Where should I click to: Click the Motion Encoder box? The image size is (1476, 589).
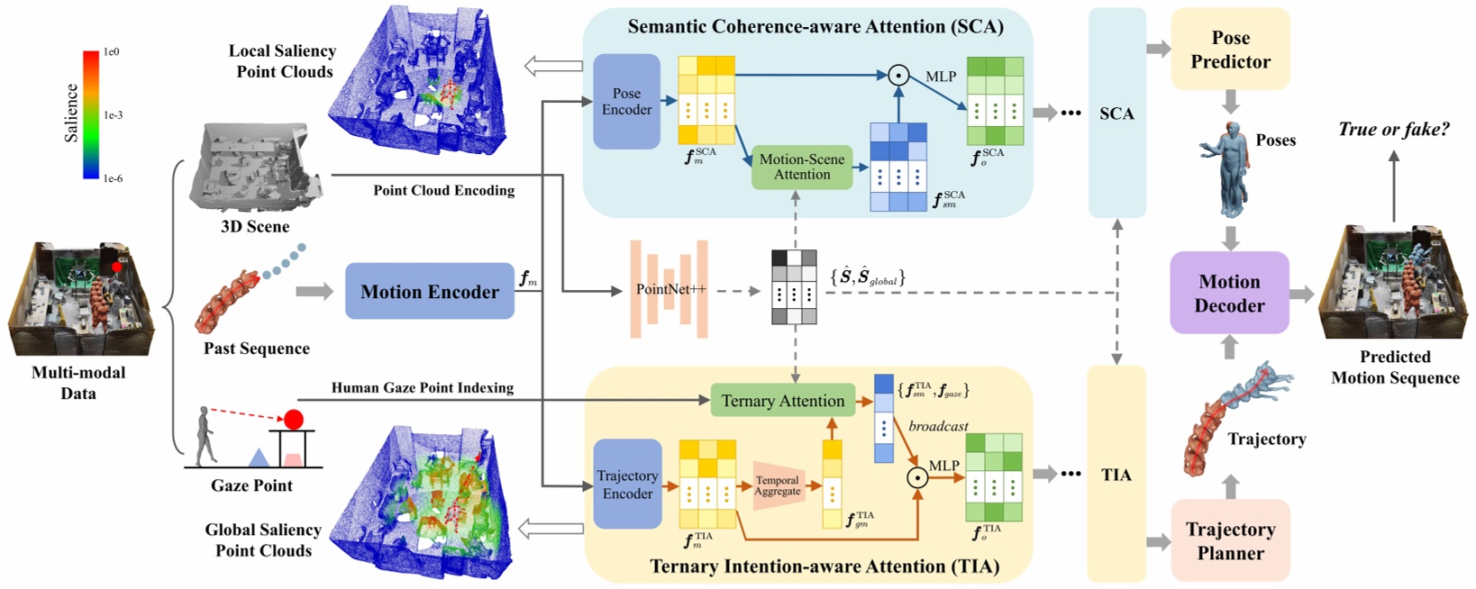[429, 291]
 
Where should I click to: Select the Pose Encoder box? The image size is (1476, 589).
[626, 102]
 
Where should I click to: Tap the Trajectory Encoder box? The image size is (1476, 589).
[627, 485]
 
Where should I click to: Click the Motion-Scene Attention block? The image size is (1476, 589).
[802, 167]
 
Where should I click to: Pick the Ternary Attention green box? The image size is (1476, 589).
[782, 401]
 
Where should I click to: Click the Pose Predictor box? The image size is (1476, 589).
[1230, 50]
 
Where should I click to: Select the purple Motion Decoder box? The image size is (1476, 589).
[1229, 293]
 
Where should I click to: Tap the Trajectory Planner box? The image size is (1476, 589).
[1230, 540]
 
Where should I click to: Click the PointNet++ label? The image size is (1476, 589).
[670, 289]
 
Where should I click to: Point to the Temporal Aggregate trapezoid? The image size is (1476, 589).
[777, 485]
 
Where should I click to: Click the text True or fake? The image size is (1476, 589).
[1393, 129]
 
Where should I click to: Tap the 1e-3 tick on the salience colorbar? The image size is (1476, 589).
[113, 115]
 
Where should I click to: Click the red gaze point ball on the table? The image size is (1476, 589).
[294, 419]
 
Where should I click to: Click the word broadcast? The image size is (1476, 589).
[938, 426]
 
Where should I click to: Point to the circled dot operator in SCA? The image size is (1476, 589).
[897, 76]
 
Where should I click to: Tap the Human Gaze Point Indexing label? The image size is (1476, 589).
[423, 387]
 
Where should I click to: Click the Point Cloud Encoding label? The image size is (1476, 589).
[444, 190]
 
